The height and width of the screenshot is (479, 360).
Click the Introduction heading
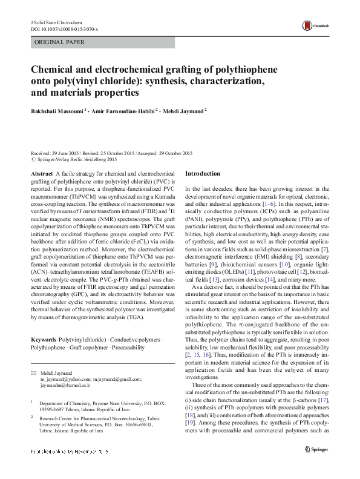(203, 173)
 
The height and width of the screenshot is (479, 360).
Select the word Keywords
(44, 339)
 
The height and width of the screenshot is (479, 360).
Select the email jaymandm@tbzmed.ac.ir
(65, 385)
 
